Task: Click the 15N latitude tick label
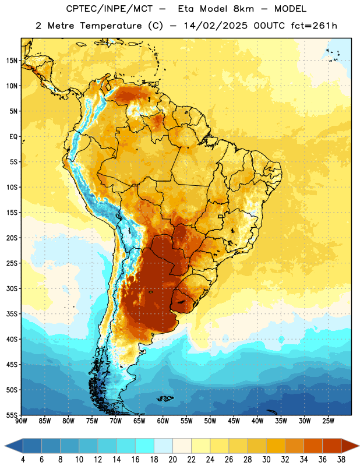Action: pyautogui.click(x=12, y=61)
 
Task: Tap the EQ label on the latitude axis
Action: pyautogui.click(x=13, y=137)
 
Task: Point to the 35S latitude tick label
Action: pyautogui.click(x=12, y=314)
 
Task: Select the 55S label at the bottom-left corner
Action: pyautogui.click(x=12, y=415)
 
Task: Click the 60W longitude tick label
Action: pyautogui.click(x=163, y=421)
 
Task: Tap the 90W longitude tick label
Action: pyautogui.click(x=21, y=421)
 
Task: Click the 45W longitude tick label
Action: pyautogui.click(x=234, y=421)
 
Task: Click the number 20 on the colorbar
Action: pyautogui.click(x=172, y=460)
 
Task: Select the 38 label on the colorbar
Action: pyautogui.click(x=341, y=460)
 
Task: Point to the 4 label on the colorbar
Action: pyautogui.click(x=23, y=460)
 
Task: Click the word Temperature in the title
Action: pyautogui.click(x=111, y=26)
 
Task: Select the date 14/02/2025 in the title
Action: pyautogui.click(x=216, y=26)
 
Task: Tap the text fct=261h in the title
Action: pyautogui.click(x=314, y=26)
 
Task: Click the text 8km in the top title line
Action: pyautogui.click(x=243, y=9)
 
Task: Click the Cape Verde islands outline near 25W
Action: pyautogui.click(x=333, y=55)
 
